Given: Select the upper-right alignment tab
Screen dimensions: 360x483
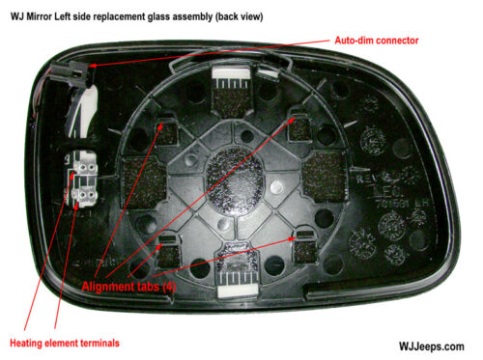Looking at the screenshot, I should (x=297, y=119).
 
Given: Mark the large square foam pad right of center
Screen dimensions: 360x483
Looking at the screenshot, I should (x=317, y=179).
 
